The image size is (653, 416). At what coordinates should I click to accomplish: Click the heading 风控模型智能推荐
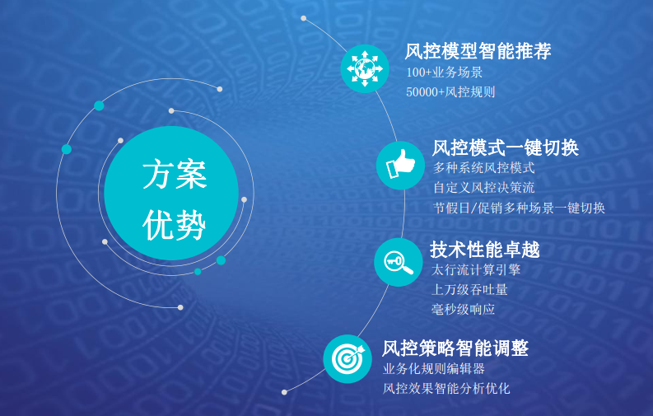(478, 51)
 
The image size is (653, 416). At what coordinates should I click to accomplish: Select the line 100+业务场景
(445, 72)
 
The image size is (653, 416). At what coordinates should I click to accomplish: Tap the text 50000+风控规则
(450, 92)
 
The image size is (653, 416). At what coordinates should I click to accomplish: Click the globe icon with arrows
(365, 68)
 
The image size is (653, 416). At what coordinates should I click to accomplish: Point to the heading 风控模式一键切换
(506, 147)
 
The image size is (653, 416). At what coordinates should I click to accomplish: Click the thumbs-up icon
(401, 166)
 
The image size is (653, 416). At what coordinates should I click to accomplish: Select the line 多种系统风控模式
(484, 168)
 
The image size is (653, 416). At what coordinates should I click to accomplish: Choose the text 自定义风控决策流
(484, 188)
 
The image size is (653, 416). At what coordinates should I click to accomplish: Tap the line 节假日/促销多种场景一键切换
(519, 208)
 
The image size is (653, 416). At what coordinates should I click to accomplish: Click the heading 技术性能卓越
(485, 250)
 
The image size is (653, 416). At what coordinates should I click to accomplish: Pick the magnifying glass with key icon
(398, 262)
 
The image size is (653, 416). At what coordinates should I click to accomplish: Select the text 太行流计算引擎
(476, 270)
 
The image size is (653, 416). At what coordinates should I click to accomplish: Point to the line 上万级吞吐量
(469, 289)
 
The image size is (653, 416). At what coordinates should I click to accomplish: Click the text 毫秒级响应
(463, 310)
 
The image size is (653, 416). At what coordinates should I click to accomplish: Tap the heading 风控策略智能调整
(455, 348)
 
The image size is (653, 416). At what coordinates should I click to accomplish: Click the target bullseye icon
(347, 359)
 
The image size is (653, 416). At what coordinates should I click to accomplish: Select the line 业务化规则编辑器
(434, 369)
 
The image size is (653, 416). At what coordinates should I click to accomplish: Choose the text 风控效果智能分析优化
(446, 389)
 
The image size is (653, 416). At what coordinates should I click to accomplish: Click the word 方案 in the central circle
(175, 174)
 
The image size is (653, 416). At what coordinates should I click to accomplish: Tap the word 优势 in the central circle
(175, 225)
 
